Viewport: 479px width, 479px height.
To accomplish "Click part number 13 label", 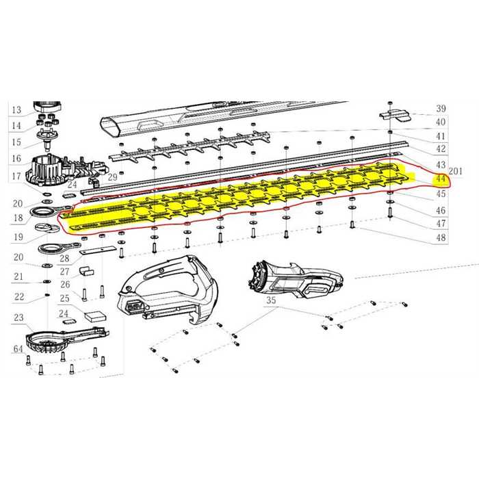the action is pos(16,110).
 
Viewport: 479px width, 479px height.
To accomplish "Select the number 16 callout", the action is pos(16,159).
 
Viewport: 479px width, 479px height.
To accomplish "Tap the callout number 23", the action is pos(18,318).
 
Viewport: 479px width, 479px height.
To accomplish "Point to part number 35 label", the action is pos(271,300).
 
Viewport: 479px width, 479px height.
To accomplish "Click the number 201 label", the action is pos(456,171).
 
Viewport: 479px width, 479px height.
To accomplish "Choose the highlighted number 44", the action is pos(440,178).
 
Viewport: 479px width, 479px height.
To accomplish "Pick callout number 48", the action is pos(441,237).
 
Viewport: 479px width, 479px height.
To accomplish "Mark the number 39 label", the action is pos(441,108).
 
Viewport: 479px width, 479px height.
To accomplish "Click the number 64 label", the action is pos(18,349).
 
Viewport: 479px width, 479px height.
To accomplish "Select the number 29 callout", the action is pos(113,177).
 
